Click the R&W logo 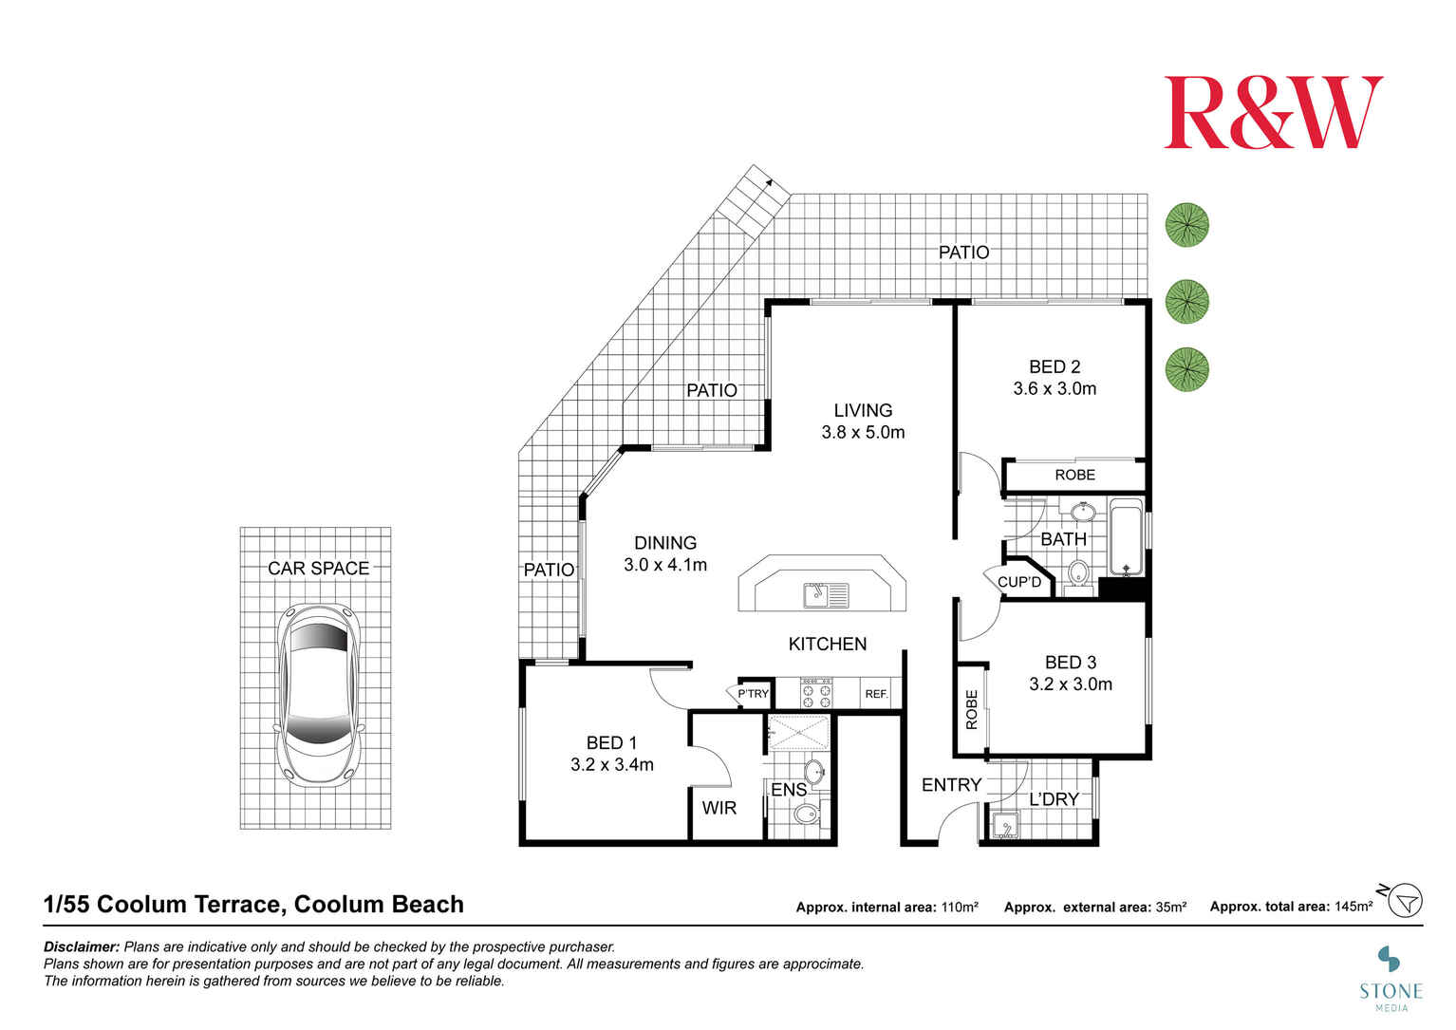1273,113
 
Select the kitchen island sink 826,595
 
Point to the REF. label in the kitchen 876,694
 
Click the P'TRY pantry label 753,694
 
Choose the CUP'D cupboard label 1019,582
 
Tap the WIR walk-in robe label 719,808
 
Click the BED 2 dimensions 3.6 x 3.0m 1055,388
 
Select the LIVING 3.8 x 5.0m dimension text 863,432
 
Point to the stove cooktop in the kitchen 816,694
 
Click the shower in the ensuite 798,733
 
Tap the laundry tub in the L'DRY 1002,825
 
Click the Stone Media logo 1391,973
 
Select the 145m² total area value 1353,907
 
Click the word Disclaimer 82,946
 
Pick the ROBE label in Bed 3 971,709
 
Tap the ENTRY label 951,785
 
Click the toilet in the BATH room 1078,574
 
